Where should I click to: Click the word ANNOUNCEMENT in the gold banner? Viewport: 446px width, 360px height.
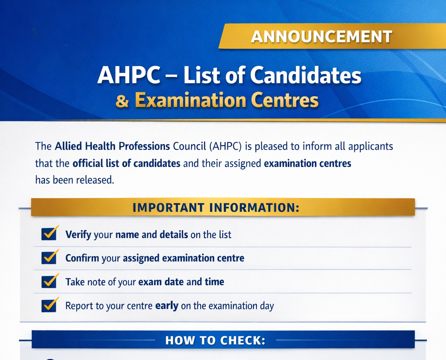click(322, 37)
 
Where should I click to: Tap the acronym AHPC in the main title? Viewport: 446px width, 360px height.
click(129, 75)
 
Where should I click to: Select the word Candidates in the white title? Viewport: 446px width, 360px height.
click(306, 75)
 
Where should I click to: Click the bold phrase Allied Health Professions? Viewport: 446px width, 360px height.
click(112, 146)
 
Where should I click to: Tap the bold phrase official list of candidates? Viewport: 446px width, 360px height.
click(126, 164)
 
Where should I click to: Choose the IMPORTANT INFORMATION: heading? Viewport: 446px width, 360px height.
click(216, 207)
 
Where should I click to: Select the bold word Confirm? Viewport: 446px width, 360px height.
click(82, 258)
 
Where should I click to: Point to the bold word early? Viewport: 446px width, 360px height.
click(167, 306)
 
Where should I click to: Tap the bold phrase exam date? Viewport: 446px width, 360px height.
click(161, 282)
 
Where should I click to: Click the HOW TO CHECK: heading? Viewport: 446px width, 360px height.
click(215, 340)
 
